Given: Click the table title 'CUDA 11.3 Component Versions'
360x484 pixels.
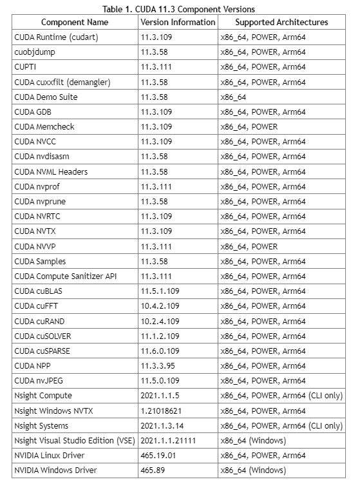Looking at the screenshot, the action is pyautogui.click(x=179, y=9).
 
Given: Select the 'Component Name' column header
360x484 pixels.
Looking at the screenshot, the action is pyautogui.click(x=75, y=22).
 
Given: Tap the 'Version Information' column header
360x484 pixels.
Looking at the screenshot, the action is pyautogui.click(x=178, y=22).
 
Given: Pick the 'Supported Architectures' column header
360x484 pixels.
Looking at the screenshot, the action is pyautogui.click(x=281, y=22).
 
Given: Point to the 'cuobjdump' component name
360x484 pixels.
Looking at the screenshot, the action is pyautogui.click(x=33, y=52).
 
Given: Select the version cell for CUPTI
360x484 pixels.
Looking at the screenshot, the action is pyautogui.click(x=156, y=67).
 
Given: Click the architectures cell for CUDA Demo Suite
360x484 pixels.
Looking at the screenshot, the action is pyautogui.click(x=234, y=97).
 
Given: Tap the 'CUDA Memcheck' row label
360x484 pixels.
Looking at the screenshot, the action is pyautogui.click(x=44, y=127).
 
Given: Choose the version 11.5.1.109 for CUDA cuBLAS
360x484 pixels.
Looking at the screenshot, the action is pyautogui.click(x=160, y=291).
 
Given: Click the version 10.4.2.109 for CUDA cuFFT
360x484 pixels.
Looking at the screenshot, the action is pyautogui.click(x=160, y=306).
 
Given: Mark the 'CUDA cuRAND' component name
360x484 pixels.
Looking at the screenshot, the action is pyautogui.click(x=39, y=321).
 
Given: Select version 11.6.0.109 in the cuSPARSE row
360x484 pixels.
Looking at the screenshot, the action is pyautogui.click(x=160, y=351).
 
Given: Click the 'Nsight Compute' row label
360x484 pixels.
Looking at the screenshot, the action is pyautogui.click(x=43, y=396).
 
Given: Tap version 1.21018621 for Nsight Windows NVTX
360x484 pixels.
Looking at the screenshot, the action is pyautogui.click(x=161, y=411).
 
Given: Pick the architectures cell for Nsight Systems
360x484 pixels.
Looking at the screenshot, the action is pyautogui.click(x=281, y=426).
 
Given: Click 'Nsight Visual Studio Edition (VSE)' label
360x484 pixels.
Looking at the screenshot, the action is pyautogui.click(x=74, y=441).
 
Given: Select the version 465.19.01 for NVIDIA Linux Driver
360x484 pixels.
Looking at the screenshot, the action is pyautogui.click(x=158, y=456).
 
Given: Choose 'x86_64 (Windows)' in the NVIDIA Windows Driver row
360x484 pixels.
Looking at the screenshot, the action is pyautogui.click(x=253, y=470).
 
